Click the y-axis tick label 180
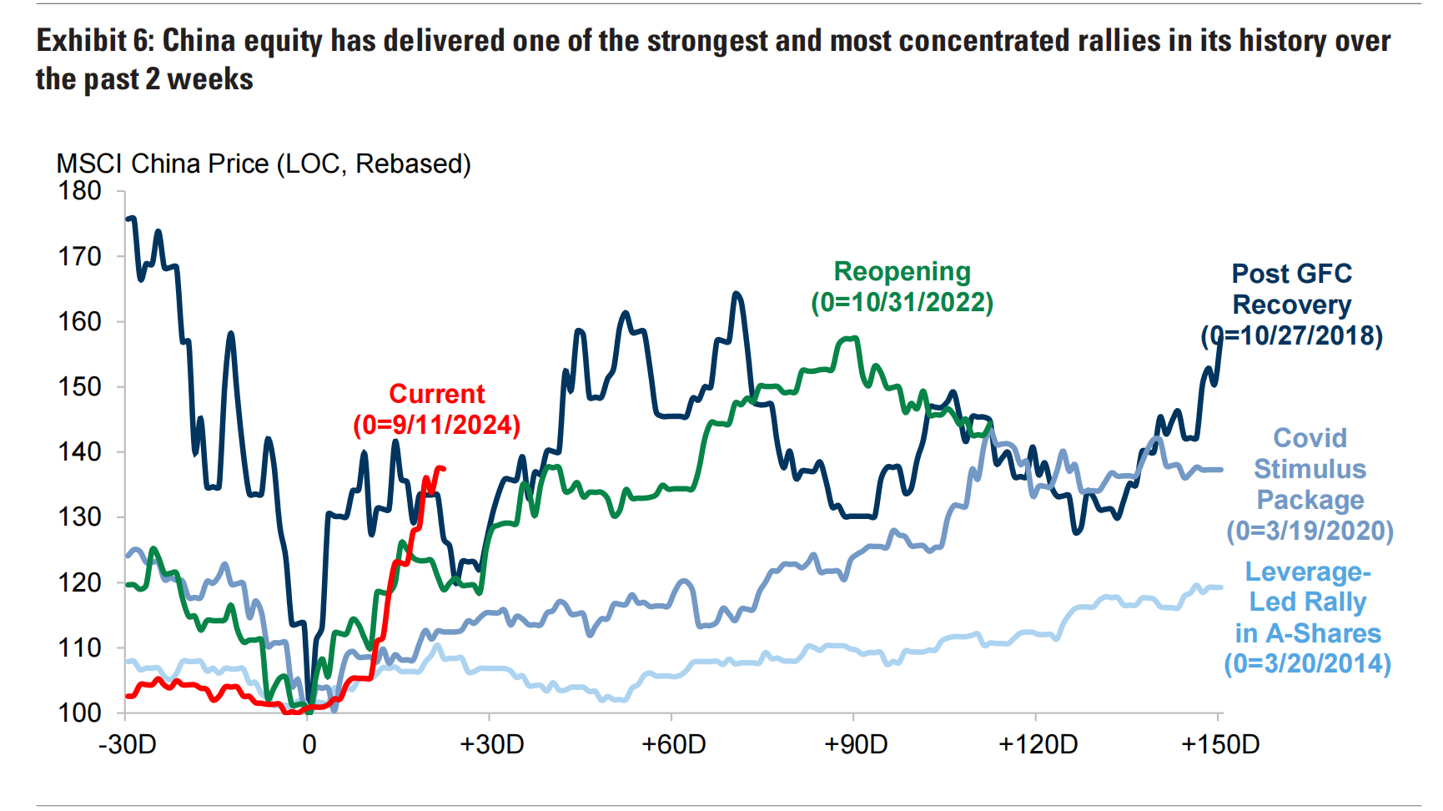click(79, 191)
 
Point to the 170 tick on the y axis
click(79, 256)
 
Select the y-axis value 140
click(79, 451)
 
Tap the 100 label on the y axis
click(79, 713)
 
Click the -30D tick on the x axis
click(128, 744)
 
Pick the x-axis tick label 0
click(309, 744)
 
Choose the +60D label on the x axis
click(673, 744)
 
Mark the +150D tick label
click(1220, 744)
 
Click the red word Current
click(436, 394)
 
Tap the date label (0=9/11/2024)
click(436, 426)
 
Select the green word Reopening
click(902, 272)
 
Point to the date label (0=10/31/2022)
click(902, 302)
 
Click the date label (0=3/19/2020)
click(1310, 531)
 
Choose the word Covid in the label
click(1310, 438)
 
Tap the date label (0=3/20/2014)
click(1307, 664)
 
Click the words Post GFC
click(1291, 274)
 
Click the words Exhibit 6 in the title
click(94, 41)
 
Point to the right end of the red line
click(444, 469)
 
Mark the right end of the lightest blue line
click(1222, 587)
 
